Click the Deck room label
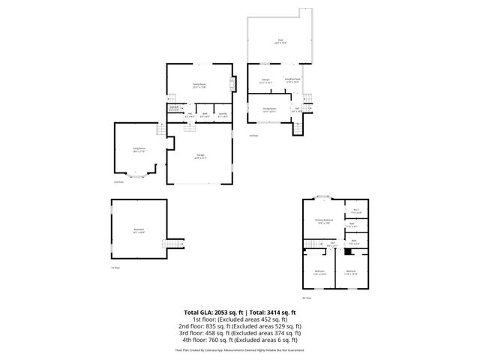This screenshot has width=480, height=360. point(280,41)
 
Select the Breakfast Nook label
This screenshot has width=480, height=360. point(292,79)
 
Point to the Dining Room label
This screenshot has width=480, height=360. point(268,109)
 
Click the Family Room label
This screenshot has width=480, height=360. point(199,85)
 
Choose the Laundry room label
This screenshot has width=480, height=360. point(223,114)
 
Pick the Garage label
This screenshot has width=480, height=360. point(200,155)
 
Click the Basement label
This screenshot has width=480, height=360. point(139,229)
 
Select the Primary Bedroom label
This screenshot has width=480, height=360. point(324,221)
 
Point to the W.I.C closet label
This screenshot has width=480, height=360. point(356,210)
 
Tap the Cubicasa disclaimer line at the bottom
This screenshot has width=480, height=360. point(240,350)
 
